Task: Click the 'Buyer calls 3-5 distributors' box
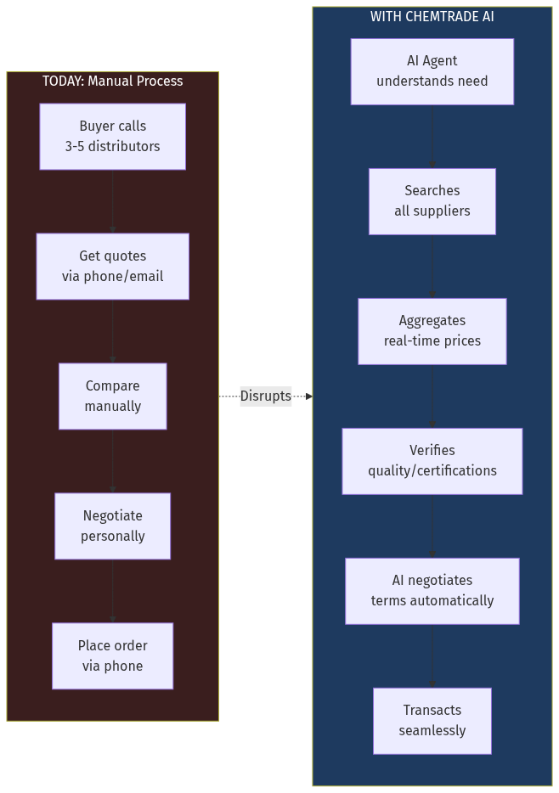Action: [112, 137]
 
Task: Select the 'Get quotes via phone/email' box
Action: [112, 267]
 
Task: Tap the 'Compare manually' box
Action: [112, 396]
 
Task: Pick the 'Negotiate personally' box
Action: [112, 526]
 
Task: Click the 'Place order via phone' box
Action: [112, 656]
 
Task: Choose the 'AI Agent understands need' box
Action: [432, 71]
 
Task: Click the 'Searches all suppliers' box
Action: [432, 201]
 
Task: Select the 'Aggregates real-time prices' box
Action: [432, 331]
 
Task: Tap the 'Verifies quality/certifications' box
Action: [432, 461]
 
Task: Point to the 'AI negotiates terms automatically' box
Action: [432, 591]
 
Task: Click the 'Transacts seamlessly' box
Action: [432, 721]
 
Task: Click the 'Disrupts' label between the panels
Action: [265, 396]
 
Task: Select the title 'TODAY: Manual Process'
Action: [112, 82]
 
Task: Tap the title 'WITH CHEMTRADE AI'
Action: [432, 17]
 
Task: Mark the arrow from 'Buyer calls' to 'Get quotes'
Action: [112, 202]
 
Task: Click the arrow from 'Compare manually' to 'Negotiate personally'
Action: [112, 462]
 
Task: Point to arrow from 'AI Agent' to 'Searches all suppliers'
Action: [432, 137]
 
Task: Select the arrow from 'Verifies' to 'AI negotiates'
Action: [432, 526]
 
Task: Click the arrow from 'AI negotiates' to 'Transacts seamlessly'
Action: [432, 656]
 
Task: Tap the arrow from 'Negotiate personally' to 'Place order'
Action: [112, 592]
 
